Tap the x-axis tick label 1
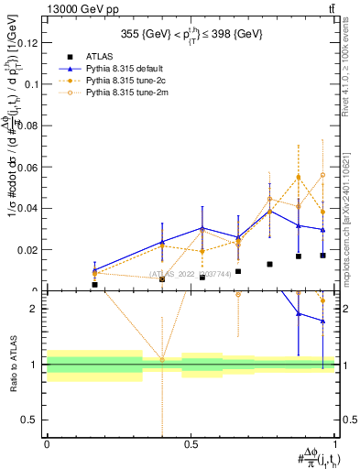[335, 444]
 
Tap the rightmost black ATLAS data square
[322, 256]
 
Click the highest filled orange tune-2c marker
[299, 177]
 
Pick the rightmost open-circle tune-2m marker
[322, 175]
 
